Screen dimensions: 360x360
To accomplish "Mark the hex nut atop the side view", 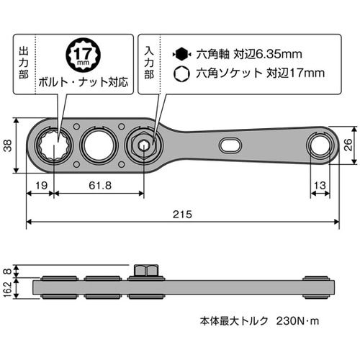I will coord(145,271).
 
